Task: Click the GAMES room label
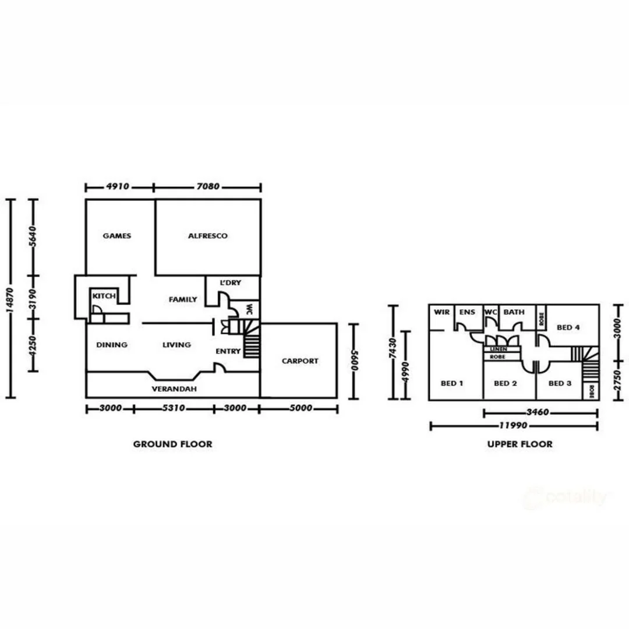(x=116, y=236)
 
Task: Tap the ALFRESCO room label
(x=207, y=236)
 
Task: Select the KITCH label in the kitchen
(x=104, y=296)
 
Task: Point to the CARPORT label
(x=300, y=361)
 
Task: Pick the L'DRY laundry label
(x=230, y=282)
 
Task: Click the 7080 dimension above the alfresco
(x=207, y=187)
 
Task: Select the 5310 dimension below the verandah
(x=173, y=408)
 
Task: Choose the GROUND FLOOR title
(x=172, y=444)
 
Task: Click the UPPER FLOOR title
(x=520, y=444)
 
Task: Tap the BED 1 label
(x=452, y=383)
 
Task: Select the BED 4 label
(x=568, y=327)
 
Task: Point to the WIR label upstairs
(x=441, y=312)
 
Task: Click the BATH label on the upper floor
(x=514, y=312)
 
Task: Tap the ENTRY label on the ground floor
(x=228, y=351)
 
